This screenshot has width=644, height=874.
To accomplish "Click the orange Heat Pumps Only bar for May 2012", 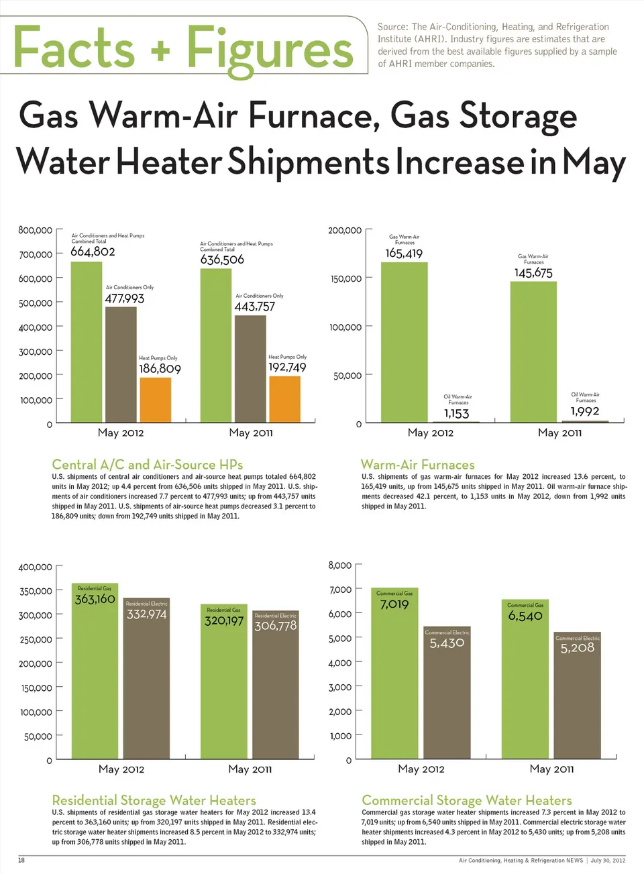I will coord(156,400).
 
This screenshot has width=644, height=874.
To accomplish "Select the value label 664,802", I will coord(93,252).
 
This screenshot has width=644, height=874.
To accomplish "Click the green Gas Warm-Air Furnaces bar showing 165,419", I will coord(405,342).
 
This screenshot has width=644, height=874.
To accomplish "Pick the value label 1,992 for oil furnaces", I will coord(585,411).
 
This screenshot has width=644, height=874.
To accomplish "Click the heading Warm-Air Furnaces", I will coord(417,465).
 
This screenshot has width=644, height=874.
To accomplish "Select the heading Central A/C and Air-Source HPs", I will coord(147,465).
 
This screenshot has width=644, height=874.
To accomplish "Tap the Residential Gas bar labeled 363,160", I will coord(95,671).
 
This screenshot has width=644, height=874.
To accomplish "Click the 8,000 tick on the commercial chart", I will coord(340,565).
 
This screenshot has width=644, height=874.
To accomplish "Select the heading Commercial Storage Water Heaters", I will coord(467,800).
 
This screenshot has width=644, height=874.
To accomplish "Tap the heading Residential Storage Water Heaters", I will coord(154,800).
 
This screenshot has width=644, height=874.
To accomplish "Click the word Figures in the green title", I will coord(270,49).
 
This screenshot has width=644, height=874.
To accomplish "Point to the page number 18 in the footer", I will coord(21,860).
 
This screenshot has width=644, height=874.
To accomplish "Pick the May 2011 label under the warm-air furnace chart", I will coord(559,433).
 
